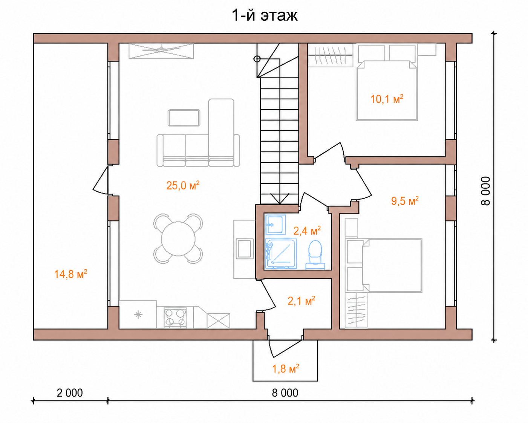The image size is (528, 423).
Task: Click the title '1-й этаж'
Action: tap(265, 16)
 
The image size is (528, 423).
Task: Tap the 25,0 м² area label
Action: tap(183, 185)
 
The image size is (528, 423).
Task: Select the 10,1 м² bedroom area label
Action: tap(387, 99)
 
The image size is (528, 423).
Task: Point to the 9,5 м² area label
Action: tap(405, 201)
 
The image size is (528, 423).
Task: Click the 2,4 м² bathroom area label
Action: tap(307, 231)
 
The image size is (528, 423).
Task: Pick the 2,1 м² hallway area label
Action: tap(301, 301)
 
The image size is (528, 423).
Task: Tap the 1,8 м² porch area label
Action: tap(286, 368)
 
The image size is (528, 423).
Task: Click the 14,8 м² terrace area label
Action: tap(70, 274)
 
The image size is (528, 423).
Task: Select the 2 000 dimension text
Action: tap(70, 393)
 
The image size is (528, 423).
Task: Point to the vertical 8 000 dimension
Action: tap(485, 191)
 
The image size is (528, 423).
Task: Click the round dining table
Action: tap(178, 238)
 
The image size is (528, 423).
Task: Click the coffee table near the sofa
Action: tap(184, 118)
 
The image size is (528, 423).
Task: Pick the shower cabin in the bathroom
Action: tap(281, 253)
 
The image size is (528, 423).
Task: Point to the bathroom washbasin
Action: tap(275, 224)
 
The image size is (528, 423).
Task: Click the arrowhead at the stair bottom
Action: tap(280, 199)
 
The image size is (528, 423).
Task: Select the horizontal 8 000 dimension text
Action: tap(285, 393)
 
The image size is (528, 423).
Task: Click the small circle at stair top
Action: tap(257, 59)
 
